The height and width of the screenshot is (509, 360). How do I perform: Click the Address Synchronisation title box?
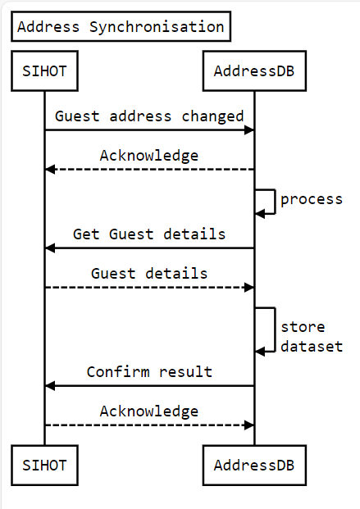coord(121,26)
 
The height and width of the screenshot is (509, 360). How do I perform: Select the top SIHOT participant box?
coord(44,70)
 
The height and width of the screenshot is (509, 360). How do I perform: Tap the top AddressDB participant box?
coord(254,70)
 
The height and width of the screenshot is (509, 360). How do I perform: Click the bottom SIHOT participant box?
coord(44,466)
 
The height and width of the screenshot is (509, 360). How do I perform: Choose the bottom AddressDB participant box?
coord(254,466)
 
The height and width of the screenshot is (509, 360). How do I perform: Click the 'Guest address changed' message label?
coord(149,116)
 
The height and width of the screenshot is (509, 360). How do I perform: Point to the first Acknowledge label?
coord(149,156)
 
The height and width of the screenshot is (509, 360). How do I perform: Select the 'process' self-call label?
coord(312,199)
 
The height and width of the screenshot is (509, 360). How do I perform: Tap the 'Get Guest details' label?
coord(149,234)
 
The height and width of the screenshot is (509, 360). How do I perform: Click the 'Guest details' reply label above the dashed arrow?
coord(149,273)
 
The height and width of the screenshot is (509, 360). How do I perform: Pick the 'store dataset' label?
coord(312,337)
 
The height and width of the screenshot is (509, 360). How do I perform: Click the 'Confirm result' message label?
coord(149,371)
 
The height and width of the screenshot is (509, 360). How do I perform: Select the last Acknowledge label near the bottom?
coord(149,411)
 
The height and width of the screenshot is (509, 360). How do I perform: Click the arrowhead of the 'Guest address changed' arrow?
coord(249,130)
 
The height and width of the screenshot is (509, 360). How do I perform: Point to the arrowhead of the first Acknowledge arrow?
coord(50,170)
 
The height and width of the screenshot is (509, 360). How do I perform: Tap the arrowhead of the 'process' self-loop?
coord(260,214)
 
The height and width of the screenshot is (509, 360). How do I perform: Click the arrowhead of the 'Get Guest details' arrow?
coord(50,248)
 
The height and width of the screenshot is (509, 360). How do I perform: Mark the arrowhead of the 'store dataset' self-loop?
coord(260,352)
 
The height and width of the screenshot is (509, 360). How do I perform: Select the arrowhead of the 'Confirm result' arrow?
coord(50,386)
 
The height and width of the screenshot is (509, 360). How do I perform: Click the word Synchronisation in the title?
coord(157,27)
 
